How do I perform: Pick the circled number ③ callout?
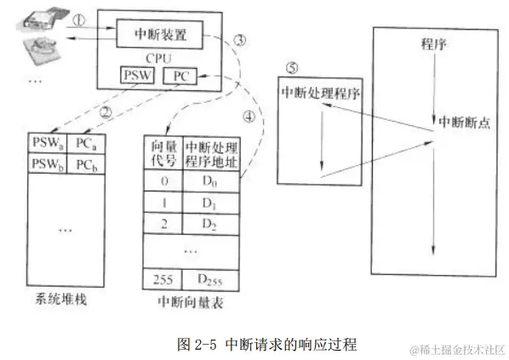241,40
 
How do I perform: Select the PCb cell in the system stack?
85,162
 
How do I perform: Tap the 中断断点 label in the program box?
463,122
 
